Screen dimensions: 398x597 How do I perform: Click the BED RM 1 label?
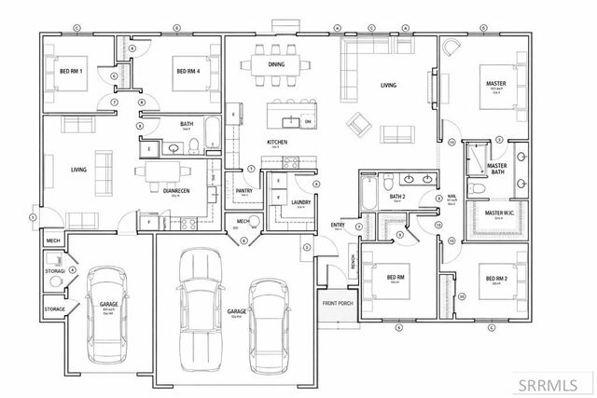72,72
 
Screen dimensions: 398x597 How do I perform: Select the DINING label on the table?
276,64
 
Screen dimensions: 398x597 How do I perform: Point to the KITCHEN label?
276,141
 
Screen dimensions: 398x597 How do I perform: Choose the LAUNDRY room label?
300,201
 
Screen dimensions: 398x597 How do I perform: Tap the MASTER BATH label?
496,169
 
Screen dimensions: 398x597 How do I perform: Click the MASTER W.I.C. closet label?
501,213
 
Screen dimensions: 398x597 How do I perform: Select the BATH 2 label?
397,197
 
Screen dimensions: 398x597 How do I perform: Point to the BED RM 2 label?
493,278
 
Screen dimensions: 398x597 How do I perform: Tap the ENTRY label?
338,225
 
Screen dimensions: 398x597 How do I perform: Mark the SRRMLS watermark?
554,384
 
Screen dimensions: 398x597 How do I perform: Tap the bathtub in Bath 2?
368,197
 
